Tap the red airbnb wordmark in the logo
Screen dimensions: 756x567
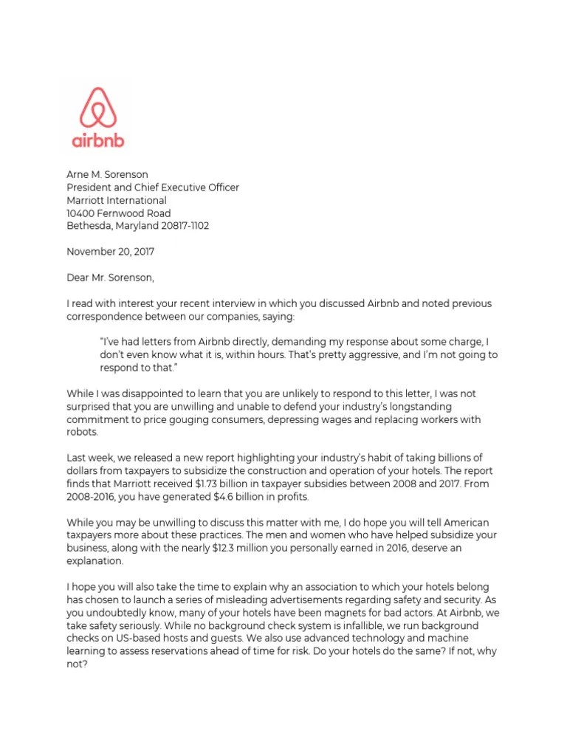tap(99, 140)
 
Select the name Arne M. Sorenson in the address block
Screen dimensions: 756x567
tap(107, 175)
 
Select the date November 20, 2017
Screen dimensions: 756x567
tap(111, 252)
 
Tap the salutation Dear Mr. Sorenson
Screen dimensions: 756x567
tap(111, 278)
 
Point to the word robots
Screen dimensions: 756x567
tap(81, 433)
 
